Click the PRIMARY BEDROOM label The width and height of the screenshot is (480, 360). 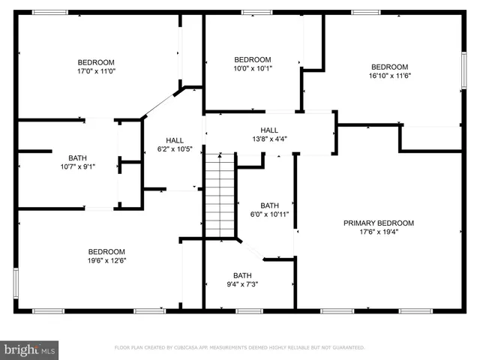(379, 223)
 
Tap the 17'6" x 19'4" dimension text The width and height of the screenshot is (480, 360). (379, 232)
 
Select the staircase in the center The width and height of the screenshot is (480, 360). (220, 194)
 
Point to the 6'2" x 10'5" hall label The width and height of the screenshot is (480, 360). (175, 145)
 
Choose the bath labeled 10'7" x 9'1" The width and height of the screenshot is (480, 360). (77, 161)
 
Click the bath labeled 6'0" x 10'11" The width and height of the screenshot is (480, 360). (269, 210)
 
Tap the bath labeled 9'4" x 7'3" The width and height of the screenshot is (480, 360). (242, 279)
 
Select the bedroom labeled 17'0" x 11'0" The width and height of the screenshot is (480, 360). (96, 66)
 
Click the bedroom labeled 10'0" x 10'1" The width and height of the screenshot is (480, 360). (252, 64)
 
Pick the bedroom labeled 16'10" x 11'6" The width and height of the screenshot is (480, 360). (390, 70)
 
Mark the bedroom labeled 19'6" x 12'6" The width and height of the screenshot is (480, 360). (106, 256)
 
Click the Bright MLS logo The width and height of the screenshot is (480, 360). (30, 349)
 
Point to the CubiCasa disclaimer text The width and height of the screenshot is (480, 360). (239, 348)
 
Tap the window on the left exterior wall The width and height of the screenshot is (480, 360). (16, 283)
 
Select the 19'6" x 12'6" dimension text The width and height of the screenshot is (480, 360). (106, 261)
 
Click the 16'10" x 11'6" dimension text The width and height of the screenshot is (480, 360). (390, 76)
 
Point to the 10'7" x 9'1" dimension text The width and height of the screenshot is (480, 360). (77, 166)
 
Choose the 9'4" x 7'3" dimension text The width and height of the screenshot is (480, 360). (242, 284)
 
